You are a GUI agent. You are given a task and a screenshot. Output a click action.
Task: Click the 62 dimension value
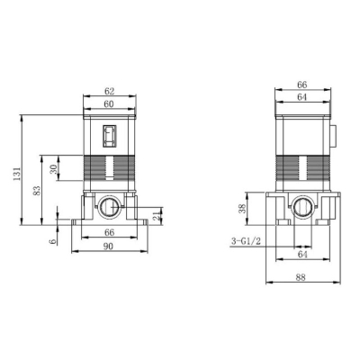click(110, 91)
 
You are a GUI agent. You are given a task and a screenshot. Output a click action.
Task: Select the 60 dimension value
click(109, 104)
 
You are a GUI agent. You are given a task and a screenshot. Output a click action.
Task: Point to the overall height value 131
click(17, 174)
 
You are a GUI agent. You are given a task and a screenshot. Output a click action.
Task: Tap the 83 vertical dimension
click(37, 191)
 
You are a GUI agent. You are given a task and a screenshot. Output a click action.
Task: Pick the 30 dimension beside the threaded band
click(54, 169)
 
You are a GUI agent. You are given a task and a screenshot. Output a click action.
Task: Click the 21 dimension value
click(157, 216)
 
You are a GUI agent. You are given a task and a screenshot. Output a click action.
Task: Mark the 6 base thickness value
click(54, 241)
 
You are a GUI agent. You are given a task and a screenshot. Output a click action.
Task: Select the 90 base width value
click(108, 247)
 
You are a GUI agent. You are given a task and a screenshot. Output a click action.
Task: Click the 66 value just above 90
click(110, 232)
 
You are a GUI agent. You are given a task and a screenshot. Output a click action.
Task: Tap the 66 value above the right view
click(302, 85)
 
